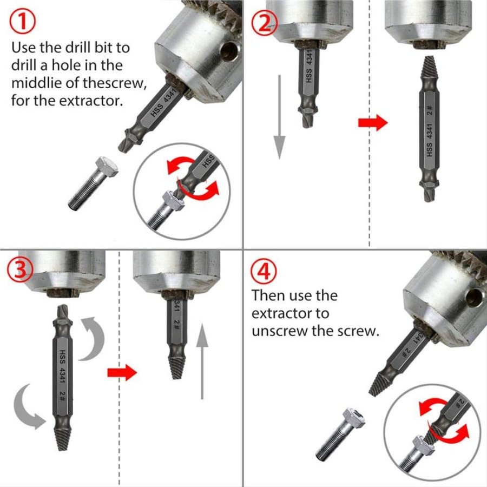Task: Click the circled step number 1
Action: [22, 22]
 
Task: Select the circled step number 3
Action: [20, 269]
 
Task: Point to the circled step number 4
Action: [264, 272]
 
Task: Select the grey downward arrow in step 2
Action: [280, 117]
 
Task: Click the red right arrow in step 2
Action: [373, 122]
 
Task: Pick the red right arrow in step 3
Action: [122, 372]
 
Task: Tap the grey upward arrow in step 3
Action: [202, 361]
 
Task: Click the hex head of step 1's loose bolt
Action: [107, 166]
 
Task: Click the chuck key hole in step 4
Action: [475, 297]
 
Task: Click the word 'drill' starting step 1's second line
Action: [24, 65]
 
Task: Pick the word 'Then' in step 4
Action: [267, 295]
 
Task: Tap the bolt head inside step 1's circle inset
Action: [173, 201]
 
